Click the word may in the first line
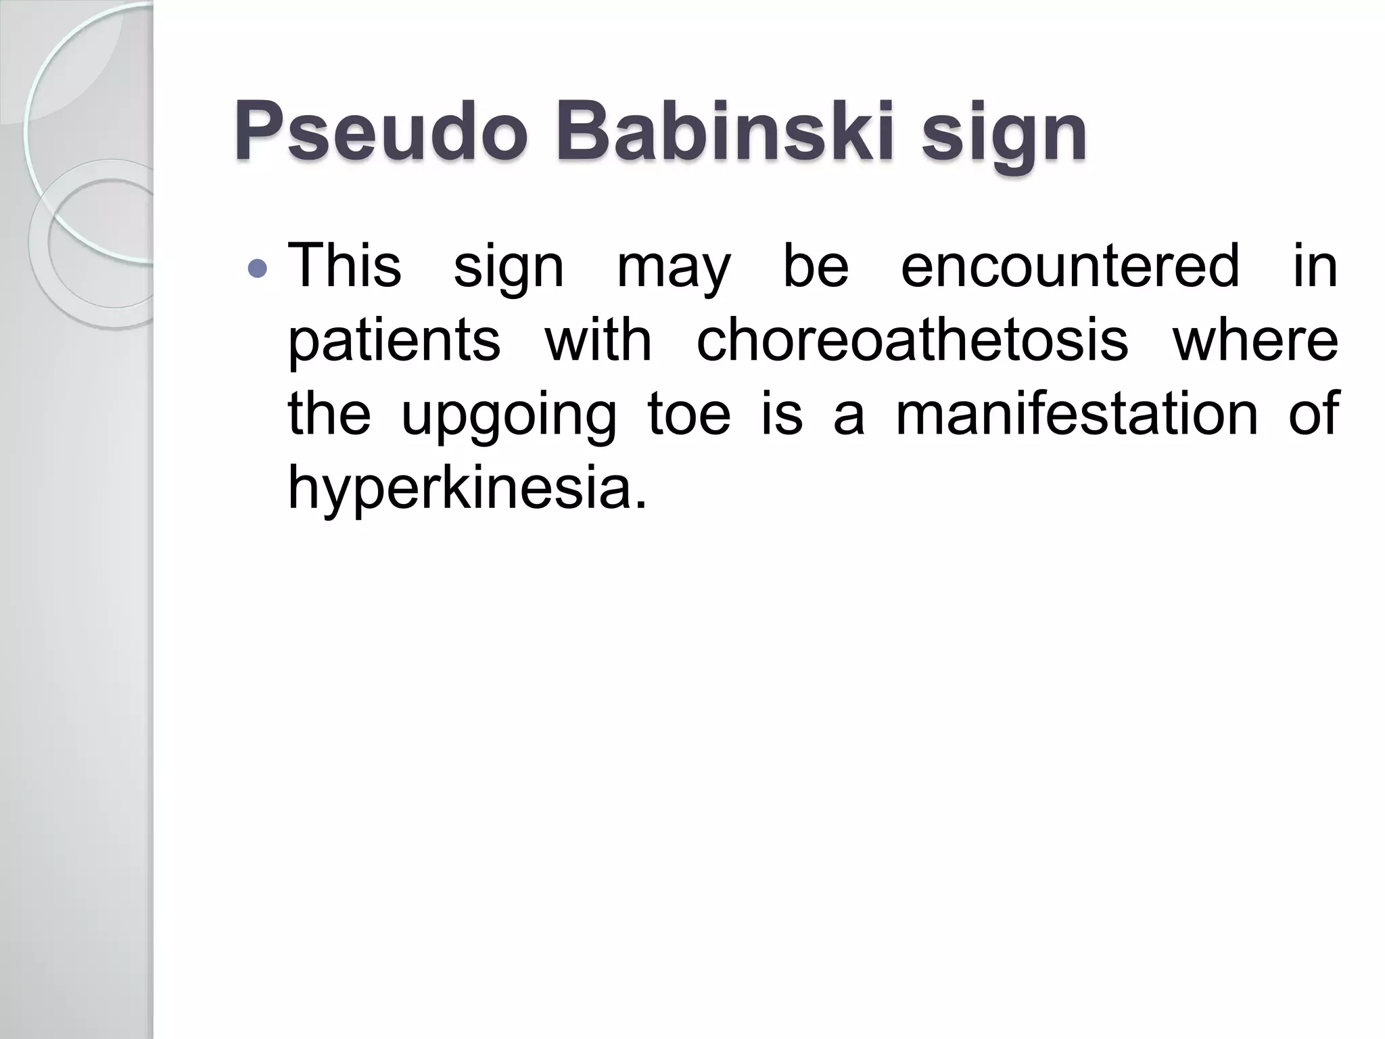[x=674, y=269]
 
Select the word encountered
[x=1071, y=266]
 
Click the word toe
[x=689, y=413]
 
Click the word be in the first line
[x=816, y=266]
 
